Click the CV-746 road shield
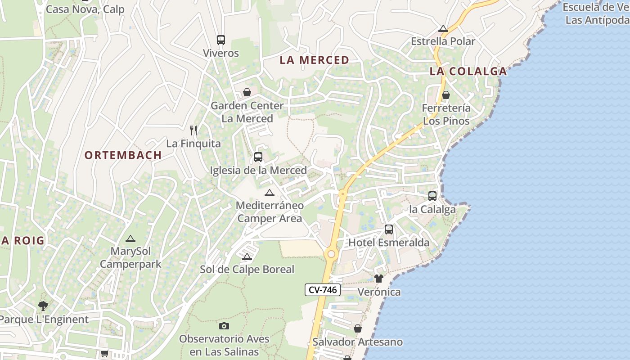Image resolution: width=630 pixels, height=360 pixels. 323,290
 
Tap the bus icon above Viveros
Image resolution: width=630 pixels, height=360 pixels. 220,40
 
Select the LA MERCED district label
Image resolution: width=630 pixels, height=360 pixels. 315,60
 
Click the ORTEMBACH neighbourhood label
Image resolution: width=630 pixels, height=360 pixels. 123,155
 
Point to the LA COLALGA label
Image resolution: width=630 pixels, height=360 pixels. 468,71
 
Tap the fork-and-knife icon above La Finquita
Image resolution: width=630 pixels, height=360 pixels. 193,130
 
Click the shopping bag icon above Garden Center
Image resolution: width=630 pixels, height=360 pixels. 247,92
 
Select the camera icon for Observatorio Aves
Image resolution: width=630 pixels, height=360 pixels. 224,326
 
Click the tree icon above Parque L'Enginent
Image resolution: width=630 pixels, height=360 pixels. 43,306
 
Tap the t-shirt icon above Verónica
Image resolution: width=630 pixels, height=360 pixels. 378,279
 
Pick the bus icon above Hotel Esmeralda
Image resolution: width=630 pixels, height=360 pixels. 389,229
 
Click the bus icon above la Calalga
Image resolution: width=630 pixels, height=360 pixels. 432,196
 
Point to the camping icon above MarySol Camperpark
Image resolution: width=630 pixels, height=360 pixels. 130,238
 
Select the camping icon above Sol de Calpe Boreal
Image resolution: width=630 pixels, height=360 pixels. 247,257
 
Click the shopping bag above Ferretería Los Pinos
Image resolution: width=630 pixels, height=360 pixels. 446,95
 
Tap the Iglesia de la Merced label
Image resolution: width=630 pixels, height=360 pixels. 258,170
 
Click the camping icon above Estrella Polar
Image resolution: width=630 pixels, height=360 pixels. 443,28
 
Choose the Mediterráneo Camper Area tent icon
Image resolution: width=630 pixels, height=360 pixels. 269,193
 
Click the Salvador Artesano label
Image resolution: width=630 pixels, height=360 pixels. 357,342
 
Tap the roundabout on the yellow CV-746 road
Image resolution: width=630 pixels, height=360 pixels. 331,254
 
